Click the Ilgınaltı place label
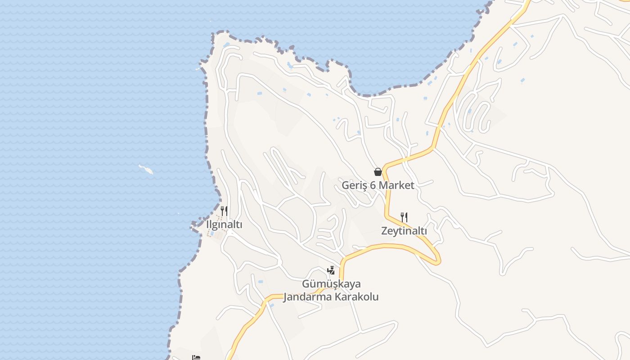pos(224,225)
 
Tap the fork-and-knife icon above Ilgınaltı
pos(224,211)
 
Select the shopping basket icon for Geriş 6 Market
pos(378,171)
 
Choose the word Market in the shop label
pos(396,185)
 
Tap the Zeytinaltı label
pos(404,231)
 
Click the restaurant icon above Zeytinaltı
pos(404,217)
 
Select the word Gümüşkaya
pos(331,284)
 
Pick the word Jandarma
pos(306,297)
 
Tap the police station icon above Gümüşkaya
pos(331,270)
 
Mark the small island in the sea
pos(146,169)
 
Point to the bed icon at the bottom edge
pos(196,358)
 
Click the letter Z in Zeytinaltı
pos(384,231)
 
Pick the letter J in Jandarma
pos(286,297)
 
